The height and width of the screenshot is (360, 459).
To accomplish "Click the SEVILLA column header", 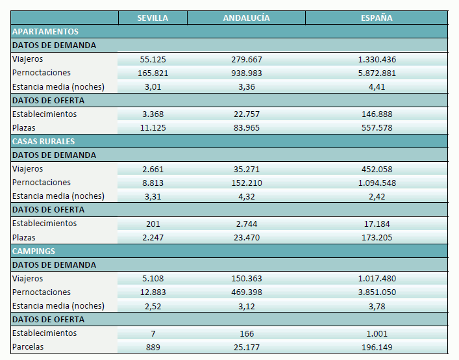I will tap(153, 18).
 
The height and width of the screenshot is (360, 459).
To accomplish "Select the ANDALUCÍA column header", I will tap(246, 18).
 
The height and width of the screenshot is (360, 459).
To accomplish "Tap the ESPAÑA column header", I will tap(377, 18).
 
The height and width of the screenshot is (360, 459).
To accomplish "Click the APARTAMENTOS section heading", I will tap(45, 31).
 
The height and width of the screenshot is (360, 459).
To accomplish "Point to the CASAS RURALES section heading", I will tap(43, 141).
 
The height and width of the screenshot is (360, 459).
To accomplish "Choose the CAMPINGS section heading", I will tap(34, 251).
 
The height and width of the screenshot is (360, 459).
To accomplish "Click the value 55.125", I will tap(153, 59).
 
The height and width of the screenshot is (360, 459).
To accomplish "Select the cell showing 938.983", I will tap(246, 73).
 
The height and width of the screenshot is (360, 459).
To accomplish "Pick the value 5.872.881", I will tap(377, 73).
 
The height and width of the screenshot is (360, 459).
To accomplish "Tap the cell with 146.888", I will tap(377, 114).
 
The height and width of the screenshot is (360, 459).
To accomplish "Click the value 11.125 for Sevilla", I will tap(153, 127).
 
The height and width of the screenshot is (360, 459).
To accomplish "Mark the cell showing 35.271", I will tap(246, 169).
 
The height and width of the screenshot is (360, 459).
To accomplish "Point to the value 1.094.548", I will tap(377, 183).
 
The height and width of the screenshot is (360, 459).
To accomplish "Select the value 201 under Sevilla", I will tap(153, 224).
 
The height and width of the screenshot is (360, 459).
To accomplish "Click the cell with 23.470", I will tap(246, 237).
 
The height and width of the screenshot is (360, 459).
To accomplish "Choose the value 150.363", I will tap(246, 279).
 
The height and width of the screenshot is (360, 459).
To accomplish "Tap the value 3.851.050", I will tap(377, 292).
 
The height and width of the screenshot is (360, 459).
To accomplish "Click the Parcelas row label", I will tap(28, 347).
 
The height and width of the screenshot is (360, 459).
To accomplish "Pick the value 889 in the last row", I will tap(153, 347).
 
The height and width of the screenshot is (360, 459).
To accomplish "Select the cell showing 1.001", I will tap(377, 333).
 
